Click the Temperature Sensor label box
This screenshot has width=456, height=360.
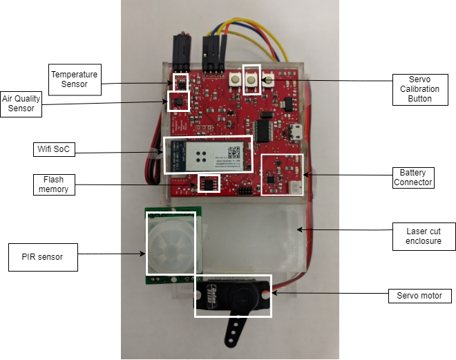75,79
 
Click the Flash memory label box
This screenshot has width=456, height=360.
53,184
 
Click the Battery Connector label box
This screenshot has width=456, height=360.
412,177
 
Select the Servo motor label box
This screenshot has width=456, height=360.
419,296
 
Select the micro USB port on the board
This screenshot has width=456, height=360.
296,132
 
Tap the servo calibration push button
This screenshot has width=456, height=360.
251,79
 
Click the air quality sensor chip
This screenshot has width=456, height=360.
179,102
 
